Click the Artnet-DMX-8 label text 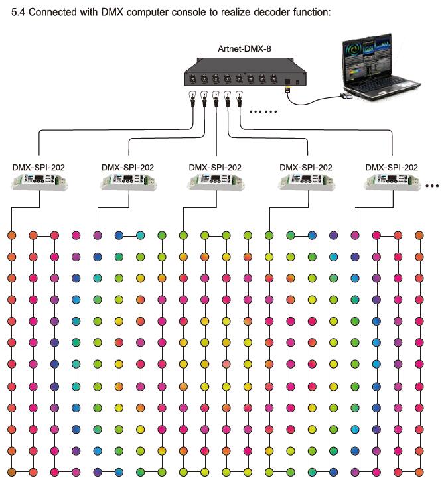point(244,49)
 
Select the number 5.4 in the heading point(18,12)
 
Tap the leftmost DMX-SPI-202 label point(38,168)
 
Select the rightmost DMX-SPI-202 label point(392,168)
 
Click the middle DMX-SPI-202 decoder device point(216,182)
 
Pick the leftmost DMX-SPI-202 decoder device point(39,182)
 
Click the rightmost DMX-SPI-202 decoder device point(392,182)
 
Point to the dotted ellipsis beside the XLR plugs point(263,111)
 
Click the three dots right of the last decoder point(432,186)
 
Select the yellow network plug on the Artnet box point(287,89)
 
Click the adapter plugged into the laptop point(346,96)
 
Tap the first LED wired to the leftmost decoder point(11,235)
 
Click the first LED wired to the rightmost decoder point(355,235)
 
